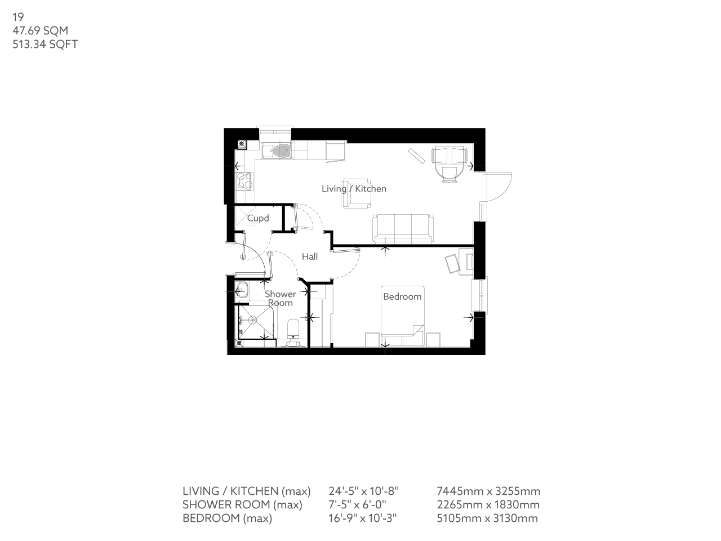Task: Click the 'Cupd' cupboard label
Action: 258,218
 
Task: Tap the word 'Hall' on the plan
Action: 310,257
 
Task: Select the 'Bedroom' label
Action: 402,296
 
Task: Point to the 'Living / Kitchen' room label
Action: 354,189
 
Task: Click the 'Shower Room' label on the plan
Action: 280,298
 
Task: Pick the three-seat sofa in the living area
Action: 403,228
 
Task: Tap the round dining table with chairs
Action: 449,163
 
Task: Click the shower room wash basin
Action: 242,292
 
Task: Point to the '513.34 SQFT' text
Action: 45,44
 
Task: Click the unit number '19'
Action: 18,17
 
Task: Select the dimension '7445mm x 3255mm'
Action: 488,491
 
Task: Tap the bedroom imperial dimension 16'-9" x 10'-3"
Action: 363,518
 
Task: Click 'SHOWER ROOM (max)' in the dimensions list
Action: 242,505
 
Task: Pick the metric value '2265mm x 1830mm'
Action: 488,505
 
